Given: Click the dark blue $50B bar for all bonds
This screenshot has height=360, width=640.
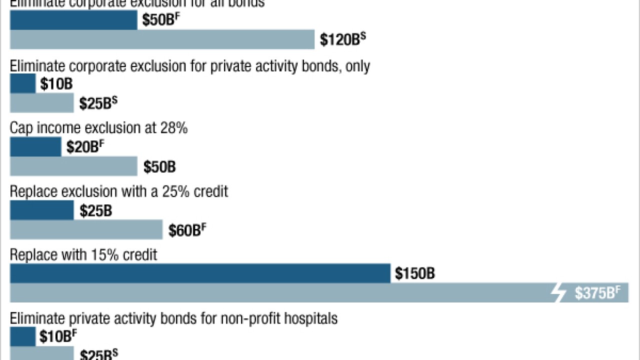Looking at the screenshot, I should coord(73,20).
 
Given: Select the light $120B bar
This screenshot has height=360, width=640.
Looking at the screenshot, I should coord(162,39).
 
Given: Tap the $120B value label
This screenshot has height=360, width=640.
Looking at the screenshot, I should coord(342,39).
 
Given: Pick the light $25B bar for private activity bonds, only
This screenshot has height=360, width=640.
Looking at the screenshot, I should coord(41,103).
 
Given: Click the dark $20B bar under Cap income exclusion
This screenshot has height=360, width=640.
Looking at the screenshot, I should coord(35,147).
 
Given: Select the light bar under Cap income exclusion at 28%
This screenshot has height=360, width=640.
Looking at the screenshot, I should coord(73,166).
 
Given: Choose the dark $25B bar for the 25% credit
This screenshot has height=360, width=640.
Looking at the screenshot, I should coord(41,210).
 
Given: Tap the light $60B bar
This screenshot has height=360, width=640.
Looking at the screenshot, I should coord(86,230).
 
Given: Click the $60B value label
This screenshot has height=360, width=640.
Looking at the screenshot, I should coord(186,230).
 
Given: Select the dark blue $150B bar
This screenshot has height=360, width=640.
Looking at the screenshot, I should coord(200,273).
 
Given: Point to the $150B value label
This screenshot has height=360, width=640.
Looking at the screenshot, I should coord(415,274).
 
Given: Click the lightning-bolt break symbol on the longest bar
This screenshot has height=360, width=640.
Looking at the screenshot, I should coord(558,293).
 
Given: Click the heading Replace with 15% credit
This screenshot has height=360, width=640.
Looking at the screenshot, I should coord(83,255).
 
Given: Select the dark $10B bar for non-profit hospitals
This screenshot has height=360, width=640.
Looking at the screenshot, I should coord(22,337).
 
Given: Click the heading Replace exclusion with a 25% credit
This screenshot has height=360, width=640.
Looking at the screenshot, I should coord(119,191).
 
